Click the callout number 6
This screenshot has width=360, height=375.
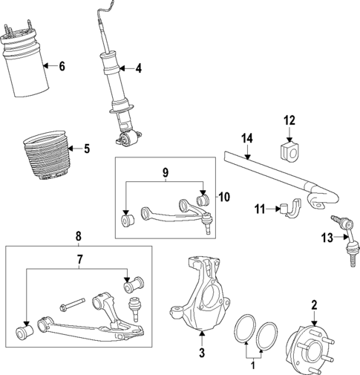point(62,67)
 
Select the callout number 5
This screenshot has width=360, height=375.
point(86,149)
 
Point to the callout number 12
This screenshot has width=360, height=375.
point(289,120)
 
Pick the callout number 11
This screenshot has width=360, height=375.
point(261,210)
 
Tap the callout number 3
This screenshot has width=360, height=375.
point(201,354)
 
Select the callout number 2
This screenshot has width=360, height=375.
point(314,305)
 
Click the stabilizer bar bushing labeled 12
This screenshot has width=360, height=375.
point(289,151)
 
